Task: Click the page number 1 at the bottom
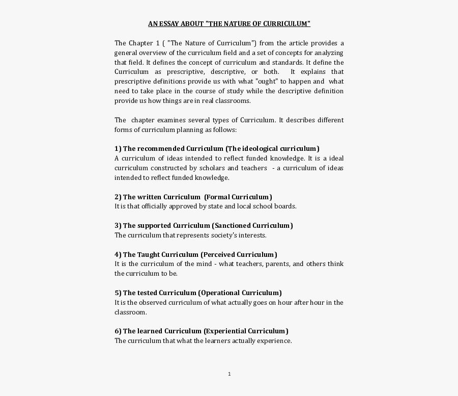coord(230,374)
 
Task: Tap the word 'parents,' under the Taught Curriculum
coord(277,264)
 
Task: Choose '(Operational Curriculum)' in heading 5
coord(240,293)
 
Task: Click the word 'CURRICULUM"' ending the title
coord(289,24)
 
